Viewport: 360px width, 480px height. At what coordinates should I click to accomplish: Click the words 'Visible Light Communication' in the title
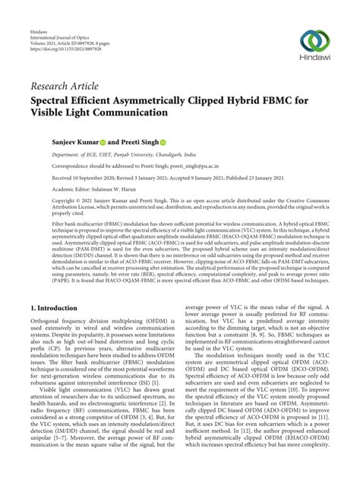tap(109, 113)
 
